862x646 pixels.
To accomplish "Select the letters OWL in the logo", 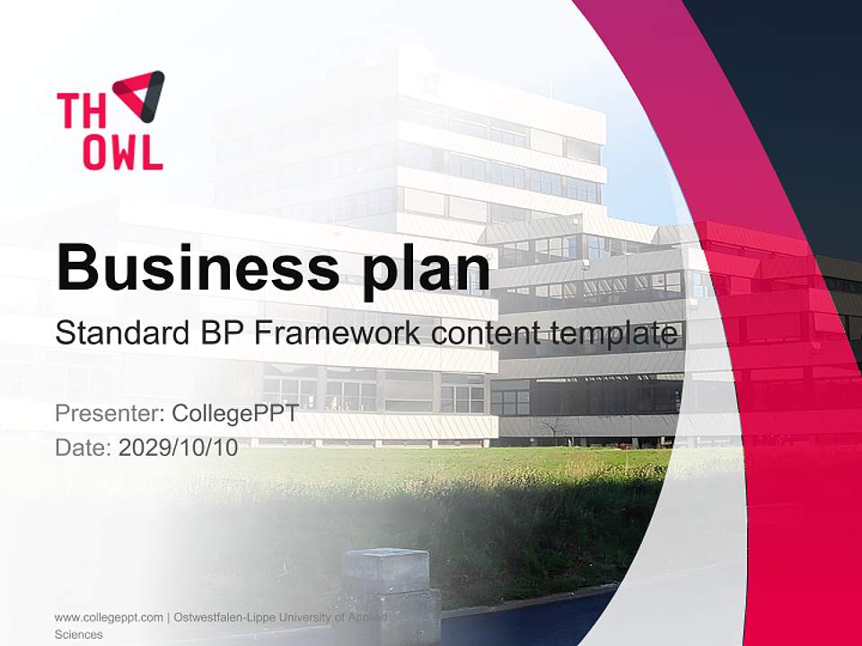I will click(x=123, y=152).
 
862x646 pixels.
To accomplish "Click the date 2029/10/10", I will click(x=179, y=448).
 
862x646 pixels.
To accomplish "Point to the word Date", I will click(x=83, y=448).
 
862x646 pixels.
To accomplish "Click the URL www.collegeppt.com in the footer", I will click(x=109, y=617).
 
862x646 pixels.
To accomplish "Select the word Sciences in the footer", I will click(x=79, y=634).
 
